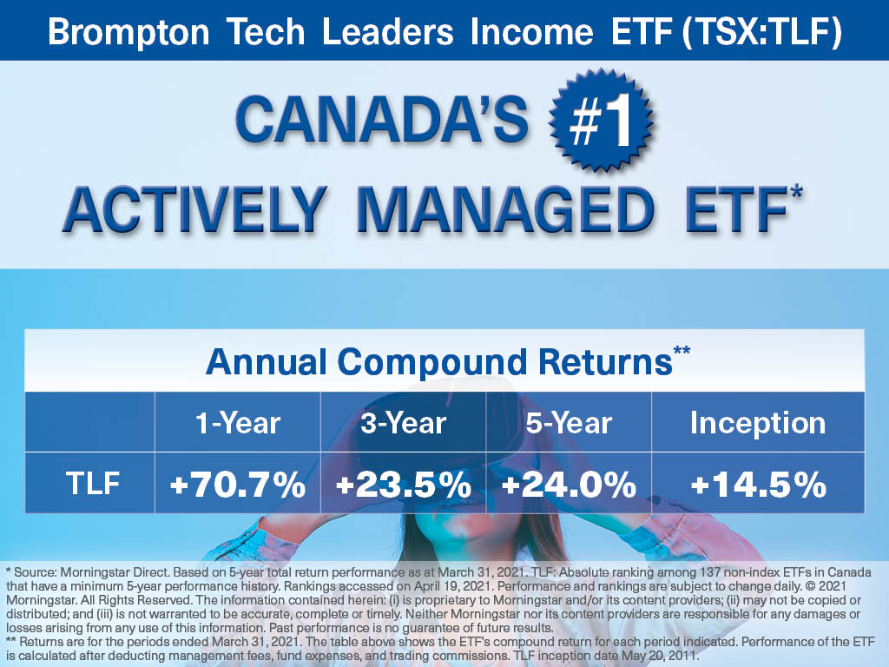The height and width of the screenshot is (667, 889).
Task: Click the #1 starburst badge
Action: coord(601,120)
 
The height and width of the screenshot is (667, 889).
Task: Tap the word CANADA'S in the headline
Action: coord(382,120)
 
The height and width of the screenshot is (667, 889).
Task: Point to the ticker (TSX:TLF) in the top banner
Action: coord(761,31)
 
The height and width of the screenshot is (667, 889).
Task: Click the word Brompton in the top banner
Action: coord(128,32)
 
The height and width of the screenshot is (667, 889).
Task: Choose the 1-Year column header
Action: coord(238,423)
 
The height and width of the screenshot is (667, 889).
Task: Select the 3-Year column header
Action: coord(403,423)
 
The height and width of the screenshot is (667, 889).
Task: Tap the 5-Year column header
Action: coord(569,423)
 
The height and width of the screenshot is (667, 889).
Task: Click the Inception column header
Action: coord(758,423)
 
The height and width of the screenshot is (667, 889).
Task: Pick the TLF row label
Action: coord(92,484)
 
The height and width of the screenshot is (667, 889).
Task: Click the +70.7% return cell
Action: coord(238,485)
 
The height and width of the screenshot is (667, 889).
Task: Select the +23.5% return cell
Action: coord(403,485)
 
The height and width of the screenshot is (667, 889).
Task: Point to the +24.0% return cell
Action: coord(569,485)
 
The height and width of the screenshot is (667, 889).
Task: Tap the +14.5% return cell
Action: coord(758,485)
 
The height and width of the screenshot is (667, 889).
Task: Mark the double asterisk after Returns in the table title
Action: coord(682,351)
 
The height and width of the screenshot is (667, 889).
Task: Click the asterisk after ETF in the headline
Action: coord(796,193)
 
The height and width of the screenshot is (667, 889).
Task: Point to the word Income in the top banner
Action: coord(532,32)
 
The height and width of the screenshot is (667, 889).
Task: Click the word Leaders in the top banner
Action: coord(388,32)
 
